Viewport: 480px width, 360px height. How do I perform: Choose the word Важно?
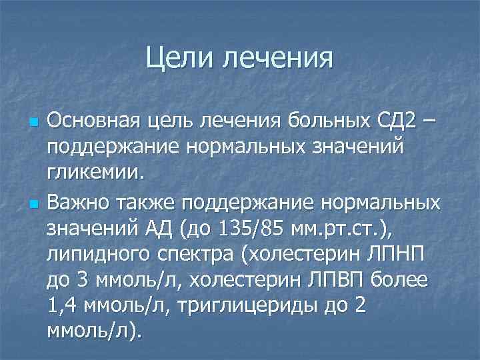(83, 201)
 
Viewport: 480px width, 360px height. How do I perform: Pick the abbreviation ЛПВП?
(336, 281)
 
